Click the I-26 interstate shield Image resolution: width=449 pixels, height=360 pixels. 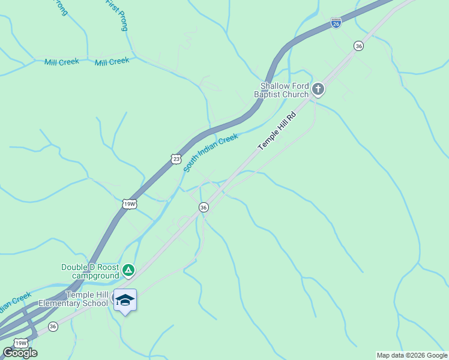(x=336, y=23)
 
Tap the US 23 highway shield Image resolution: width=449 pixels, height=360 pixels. (x=175, y=158)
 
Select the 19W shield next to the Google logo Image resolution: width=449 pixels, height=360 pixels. (x=20, y=343)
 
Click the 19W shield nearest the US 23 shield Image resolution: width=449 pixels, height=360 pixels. (x=130, y=204)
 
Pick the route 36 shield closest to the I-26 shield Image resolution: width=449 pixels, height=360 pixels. (x=358, y=46)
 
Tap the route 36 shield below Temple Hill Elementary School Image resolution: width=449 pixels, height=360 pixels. (x=53, y=326)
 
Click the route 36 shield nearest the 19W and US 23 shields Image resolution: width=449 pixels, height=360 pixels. (x=203, y=207)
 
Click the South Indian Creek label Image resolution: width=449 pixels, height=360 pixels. (x=211, y=153)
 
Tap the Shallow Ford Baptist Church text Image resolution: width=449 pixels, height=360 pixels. (x=284, y=90)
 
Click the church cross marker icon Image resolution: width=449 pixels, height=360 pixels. (x=318, y=90)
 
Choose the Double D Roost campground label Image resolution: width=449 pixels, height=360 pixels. (x=90, y=271)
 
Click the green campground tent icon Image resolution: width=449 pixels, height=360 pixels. (x=128, y=271)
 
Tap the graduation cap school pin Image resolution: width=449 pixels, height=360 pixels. (x=125, y=299)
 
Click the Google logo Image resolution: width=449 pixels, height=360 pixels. (x=20, y=353)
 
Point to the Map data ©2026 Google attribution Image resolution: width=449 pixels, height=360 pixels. (x=412, y=355)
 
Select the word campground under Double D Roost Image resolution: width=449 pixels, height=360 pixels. (x=96, y=275)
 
